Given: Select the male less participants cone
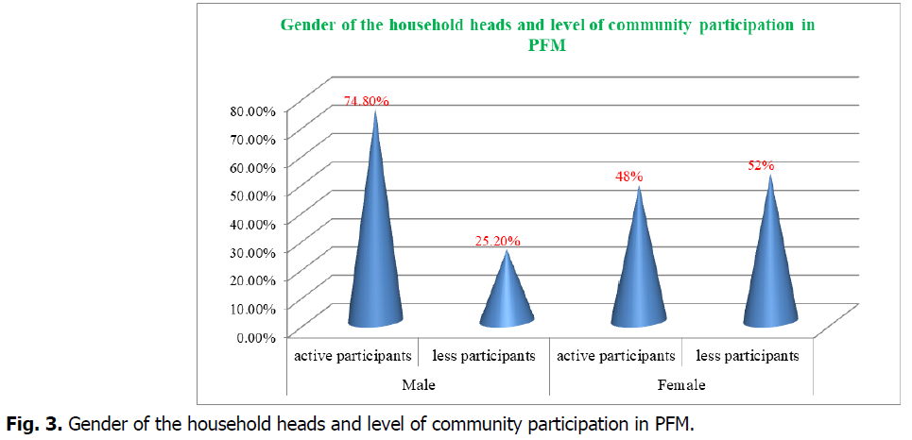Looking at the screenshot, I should click(508, 297).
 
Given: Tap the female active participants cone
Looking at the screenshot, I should click(639, 274).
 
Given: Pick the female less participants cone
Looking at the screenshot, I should click(770, 269).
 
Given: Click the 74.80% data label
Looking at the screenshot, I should click(366, 100).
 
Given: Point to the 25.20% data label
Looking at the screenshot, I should click(496, 241).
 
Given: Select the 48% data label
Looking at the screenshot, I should click(629, 176).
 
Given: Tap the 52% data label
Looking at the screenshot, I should click(761, 165).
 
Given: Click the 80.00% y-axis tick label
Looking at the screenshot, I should click(252, 110).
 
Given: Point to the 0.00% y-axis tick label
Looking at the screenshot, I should click(255, 336).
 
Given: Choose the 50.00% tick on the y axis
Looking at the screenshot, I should click(252, 195).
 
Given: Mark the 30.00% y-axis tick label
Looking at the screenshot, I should click(252, 252).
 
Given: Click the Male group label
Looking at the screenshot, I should click(418, 386).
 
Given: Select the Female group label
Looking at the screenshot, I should click(681, 386).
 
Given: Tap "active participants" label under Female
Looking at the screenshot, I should click(616, 356).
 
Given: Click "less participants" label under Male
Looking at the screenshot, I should click(484, 356).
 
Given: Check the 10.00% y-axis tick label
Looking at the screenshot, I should click(252, 308).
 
